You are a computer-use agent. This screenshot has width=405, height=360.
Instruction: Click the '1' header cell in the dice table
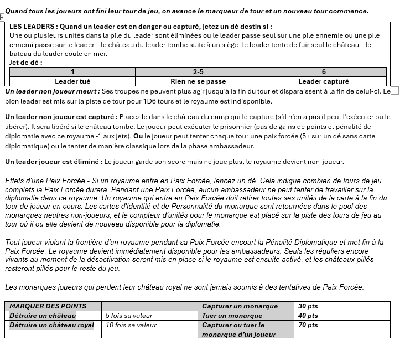72,72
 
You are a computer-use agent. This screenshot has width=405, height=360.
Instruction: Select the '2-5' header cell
198,72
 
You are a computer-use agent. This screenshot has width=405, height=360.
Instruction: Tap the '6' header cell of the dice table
324,72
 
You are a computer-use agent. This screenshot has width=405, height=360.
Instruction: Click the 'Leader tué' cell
72,81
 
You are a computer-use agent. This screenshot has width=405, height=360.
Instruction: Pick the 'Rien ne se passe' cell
198,81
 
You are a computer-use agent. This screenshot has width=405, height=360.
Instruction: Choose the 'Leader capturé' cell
324,81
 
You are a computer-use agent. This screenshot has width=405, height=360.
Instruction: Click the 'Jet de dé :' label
26,63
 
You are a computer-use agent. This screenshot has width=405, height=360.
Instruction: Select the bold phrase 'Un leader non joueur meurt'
52,91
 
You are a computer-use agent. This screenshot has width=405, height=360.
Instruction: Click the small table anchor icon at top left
2,17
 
